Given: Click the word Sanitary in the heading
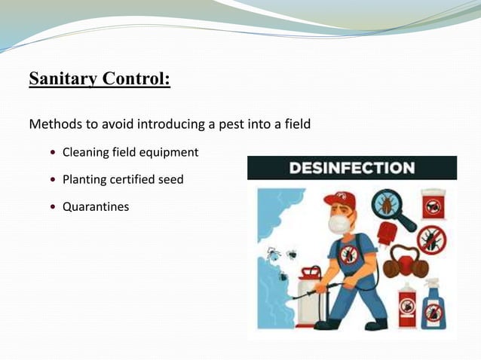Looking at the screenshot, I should tap(59, 80).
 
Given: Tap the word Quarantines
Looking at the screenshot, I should tap(95, 206).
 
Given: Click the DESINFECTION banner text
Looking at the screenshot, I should tap(351, 168).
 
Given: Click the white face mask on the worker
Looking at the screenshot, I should tap(339, 224).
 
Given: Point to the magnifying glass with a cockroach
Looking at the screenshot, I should tap(393, 208).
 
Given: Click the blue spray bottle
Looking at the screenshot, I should tap(434, 304).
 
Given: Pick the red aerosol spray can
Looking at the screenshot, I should tap(406, 304).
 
